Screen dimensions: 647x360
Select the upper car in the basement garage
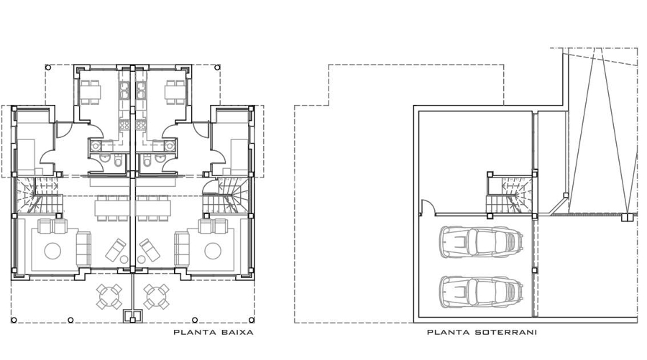(482, 242)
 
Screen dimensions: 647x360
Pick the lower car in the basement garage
(482, 292)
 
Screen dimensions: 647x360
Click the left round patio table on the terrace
(109, 297)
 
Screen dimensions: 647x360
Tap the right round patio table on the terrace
(157, 297)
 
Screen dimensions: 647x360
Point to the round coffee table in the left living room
(52, 251)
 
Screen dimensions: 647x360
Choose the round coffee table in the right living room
(213, 251)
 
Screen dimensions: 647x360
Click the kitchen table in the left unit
(91, 93)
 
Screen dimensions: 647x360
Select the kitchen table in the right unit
(175, 93)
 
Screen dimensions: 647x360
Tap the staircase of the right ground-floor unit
(226, 195)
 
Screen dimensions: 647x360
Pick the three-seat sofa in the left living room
(84, 249)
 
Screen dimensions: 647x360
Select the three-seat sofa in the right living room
(182, 249)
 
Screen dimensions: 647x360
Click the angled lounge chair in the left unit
(116, 249)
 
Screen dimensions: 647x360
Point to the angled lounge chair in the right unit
(150, 249)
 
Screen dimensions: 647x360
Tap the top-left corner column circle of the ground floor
(48, 68)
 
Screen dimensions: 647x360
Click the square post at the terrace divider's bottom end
(132, 320)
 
